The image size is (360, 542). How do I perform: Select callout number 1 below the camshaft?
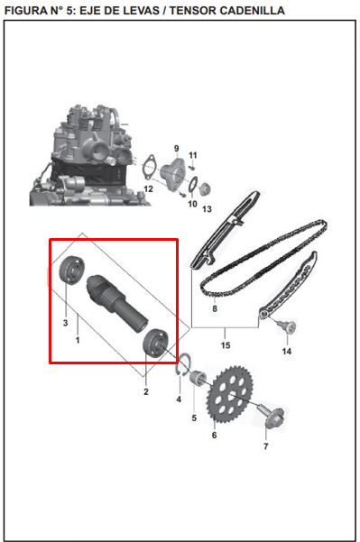(x=78, y=341)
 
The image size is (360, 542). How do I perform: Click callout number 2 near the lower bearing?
(x=146, y=391)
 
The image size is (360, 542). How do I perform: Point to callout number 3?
(x=65, y=322)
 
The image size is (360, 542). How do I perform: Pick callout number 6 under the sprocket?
(x=214, y=435)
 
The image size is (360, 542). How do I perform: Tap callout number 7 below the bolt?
(x=265, y=446)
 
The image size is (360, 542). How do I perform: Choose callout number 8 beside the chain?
(x=214, y=309)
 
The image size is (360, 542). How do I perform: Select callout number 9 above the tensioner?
(x=176, y=147)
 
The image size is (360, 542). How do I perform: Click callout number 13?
(x=207, y=208)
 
